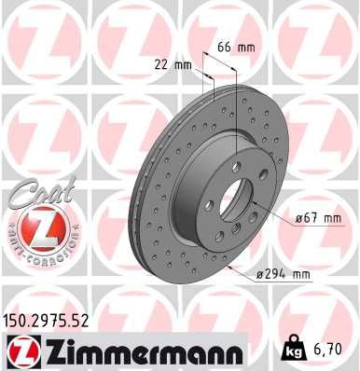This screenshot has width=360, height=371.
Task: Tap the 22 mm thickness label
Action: coord(175,64)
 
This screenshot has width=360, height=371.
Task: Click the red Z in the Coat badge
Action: coord(36,225)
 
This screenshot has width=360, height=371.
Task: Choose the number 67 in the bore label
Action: coord(305,219)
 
